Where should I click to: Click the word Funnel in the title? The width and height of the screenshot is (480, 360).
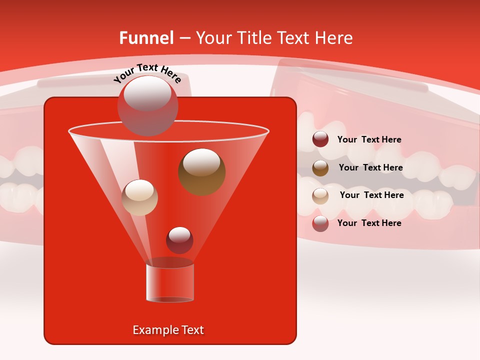coord(146,38)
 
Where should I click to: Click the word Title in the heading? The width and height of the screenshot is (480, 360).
coord(253,38)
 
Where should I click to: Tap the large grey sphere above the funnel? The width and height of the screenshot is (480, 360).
coord(147,105)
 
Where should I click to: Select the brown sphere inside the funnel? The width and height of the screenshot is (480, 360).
coord(201,171)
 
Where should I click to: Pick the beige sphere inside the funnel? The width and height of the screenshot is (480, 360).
coord(139,197)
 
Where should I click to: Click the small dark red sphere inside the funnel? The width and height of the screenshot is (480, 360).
coord(179,239)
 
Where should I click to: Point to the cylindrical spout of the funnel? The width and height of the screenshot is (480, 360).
coord(170,282)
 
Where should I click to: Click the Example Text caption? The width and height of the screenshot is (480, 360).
coord(168,330)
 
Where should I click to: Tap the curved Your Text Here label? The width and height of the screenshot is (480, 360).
coord(147,72)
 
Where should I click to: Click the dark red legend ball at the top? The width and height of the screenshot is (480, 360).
coord(320,139)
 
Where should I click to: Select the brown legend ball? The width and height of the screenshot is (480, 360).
coord(320,168)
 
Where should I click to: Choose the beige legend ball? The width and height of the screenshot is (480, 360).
coord(320,196)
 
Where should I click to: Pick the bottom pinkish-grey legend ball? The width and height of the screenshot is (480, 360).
coord(320,223)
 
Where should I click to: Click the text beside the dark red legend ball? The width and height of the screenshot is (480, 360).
coord(369,139)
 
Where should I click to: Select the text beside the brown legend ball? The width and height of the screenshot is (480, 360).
coord(370,167)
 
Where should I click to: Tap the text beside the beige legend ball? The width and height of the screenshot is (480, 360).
coord(371,195)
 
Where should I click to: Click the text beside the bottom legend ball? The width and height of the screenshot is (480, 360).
coord(369,223)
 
